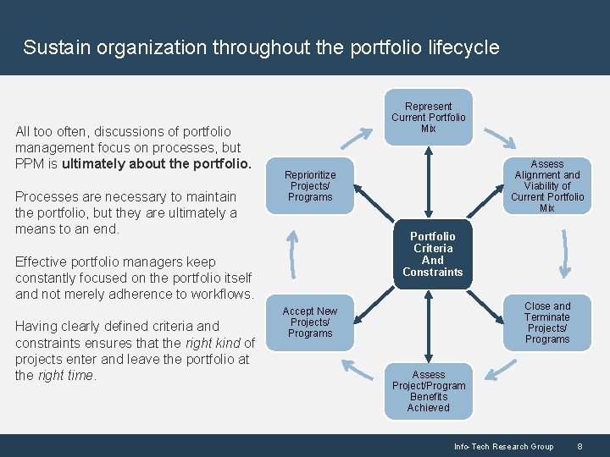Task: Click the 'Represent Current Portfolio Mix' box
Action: pyautogui.click(x=428, y=118)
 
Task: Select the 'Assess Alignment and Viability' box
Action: pyautogui.click(x=547, y=185)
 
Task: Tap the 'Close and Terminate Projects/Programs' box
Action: pyautogui.click(x=547, y=322)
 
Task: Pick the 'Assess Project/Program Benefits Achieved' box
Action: pyautogui.click(x=428, y=391)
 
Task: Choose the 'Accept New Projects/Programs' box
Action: pyautogui.click(x=310, y=322)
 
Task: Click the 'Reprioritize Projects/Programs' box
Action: pyautogui.click(x=310, y=185)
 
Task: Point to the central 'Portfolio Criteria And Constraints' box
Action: pyautogui.click(x=433, y=254)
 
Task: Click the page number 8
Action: pyautogui.click(x=579, y=446)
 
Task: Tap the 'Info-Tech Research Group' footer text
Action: pyautogui.click(x=503, y=446)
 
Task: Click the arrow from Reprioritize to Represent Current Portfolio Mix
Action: pyautogui.click(x=362, y=134)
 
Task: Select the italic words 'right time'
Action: pyautogui.click(x=66, y=375)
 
